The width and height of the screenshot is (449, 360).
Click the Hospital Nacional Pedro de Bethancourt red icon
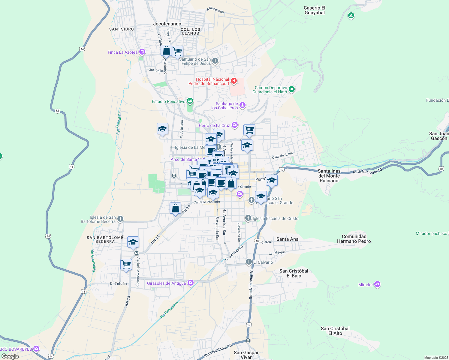point(234,81)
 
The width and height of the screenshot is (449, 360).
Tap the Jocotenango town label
point(167,24)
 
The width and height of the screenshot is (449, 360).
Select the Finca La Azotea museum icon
point(142,52)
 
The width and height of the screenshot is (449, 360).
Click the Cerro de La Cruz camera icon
point(234,125)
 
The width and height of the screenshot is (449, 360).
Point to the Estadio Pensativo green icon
point(190,101)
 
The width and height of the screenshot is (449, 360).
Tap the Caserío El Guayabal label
point(315,10)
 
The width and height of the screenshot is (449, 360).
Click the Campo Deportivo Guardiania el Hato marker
point(291,89)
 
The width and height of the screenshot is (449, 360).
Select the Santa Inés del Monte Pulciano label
point(329,176)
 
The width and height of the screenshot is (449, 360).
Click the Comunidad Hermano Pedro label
point(354,239)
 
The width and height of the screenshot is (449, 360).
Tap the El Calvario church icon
point(249,262)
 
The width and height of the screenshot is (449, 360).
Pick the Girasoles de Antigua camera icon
point(191,283)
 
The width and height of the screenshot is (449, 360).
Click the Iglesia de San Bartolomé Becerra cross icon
point(120,219)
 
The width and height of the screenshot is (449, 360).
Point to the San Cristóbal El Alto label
point(335,331)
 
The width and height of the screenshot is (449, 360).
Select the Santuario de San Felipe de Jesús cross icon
point(215,61)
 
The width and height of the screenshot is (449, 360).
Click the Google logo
point(10,356)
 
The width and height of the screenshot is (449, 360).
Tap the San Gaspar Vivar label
point(246,355)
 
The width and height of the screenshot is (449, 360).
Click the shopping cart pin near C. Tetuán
point(126,265)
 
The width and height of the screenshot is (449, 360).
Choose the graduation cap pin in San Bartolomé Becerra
point(133,242)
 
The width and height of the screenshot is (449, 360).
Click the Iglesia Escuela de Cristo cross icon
point(248,218)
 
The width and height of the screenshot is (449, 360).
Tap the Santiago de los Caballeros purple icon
point(243,105)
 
